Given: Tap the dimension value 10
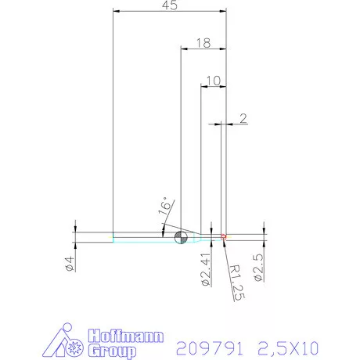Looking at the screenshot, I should point(214,80).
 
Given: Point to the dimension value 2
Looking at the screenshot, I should point(243,118).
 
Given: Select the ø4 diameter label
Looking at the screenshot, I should point(70,264).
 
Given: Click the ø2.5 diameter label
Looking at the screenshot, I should point(259,268).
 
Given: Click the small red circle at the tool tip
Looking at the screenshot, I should point(223,236).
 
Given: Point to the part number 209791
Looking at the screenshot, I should point(207,346).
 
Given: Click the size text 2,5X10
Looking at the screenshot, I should point(286,346).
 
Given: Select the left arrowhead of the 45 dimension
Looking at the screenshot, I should point(117,12).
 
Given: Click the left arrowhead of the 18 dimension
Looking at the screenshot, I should point(185,49).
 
